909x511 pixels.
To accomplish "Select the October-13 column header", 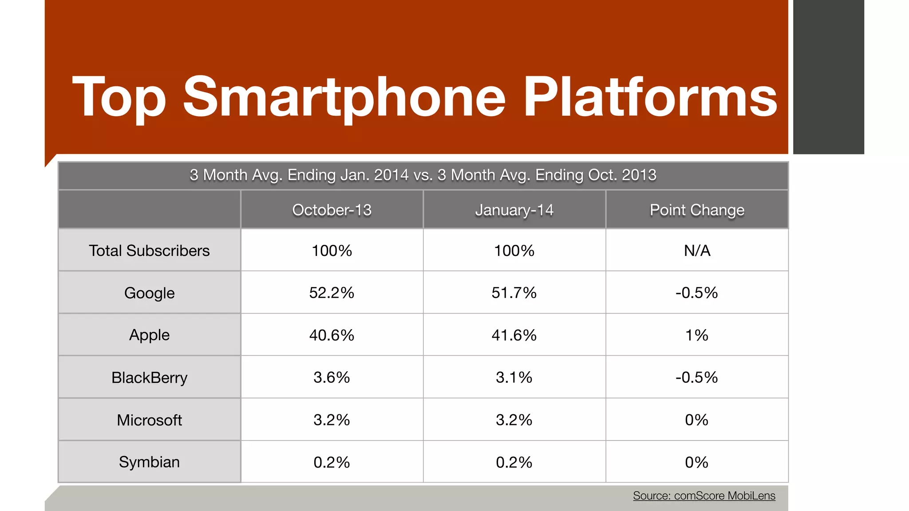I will click(332, 210).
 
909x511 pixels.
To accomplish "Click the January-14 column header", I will click(514, 210).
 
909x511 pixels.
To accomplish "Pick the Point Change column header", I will click(697, 210).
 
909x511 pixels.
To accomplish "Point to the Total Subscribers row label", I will click(149, 251).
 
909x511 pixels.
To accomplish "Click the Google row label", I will click(149, 293).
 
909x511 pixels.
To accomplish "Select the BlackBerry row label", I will click(149, 377).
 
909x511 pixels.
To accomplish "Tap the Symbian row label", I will click(149, 462).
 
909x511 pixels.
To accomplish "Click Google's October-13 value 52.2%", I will click(332, 293).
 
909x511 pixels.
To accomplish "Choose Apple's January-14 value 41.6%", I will click(514, 335).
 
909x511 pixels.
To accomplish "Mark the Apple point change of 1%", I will click(697, 335).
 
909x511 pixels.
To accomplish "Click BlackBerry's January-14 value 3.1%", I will click(514, 377).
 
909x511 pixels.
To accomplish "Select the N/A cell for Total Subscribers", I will click(697, 251).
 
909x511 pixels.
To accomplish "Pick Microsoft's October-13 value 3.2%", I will click(332, 420).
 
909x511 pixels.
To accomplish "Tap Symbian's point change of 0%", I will click(697, 462).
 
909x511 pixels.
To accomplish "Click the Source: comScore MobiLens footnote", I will click(704, 495).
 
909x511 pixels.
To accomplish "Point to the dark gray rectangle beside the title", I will click(828, 77).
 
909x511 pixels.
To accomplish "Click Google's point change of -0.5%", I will click(697, 293).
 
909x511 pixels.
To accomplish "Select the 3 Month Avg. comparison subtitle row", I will click(423, 175).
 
